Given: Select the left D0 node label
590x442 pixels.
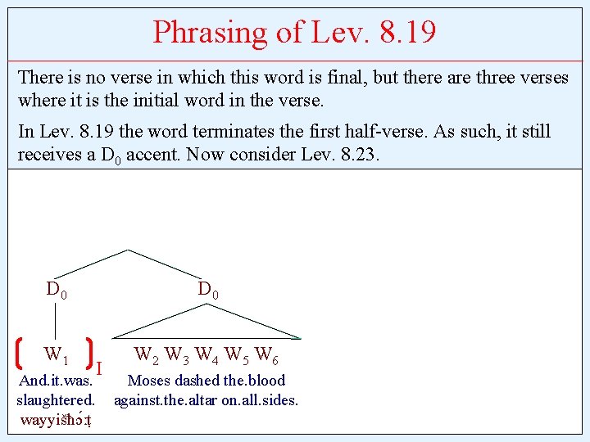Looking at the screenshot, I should pos(57,290).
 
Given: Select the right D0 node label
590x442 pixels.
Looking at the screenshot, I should pos(207,290).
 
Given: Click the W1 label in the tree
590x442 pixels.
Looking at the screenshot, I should pos(56,355).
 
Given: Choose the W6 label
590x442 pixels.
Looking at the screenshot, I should pos(265,355).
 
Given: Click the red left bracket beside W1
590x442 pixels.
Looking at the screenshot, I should pos(19,356).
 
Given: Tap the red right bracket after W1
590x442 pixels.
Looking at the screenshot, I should pos(88,356).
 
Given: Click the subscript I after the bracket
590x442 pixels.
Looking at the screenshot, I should pos(99,368).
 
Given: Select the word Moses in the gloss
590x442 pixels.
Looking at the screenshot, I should pos(150,381).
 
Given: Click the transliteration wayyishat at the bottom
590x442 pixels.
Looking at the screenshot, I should pos(56,421).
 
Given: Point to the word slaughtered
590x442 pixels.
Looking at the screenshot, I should pos(56,400).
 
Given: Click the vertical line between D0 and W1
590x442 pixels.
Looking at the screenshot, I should pos(56,321).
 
